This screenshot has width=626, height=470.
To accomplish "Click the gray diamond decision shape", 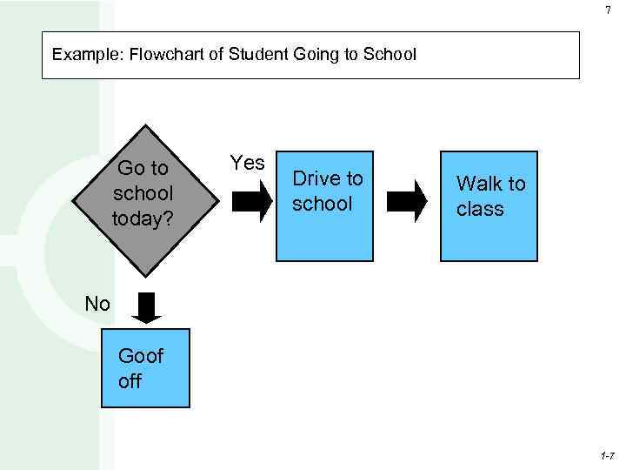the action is [143, 200].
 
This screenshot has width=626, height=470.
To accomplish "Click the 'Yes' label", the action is [247, 163].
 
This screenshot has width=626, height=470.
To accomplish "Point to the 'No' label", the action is [97, 304].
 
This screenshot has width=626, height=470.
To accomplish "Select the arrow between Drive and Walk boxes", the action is [406, 201].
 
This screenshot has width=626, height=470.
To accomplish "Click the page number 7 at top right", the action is [608, 10].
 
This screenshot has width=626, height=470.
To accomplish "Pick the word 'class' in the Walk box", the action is [480, 209].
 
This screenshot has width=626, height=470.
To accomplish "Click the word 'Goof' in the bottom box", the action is [140, 355].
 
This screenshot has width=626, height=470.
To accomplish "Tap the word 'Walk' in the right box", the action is [478, 184].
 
